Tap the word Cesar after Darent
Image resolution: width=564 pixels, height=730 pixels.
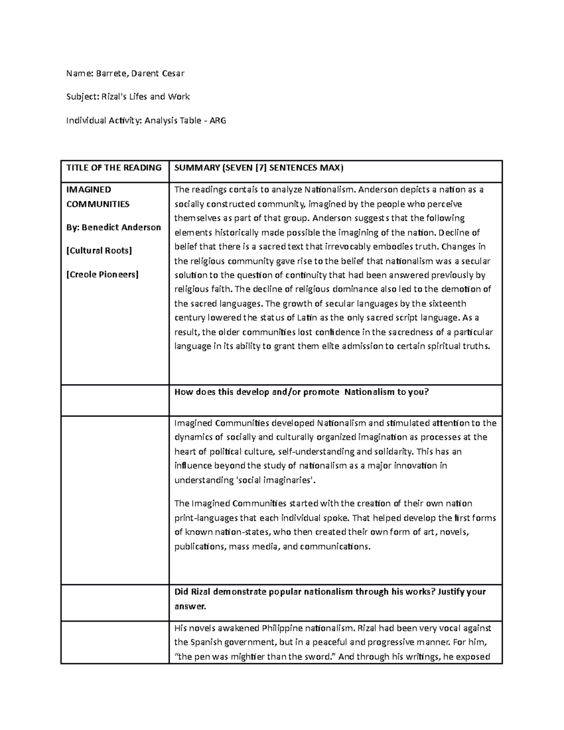tap(172, 73)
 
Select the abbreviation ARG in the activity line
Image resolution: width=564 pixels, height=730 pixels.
tap(218, 120)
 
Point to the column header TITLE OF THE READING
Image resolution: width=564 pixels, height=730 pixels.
tap(114, 168)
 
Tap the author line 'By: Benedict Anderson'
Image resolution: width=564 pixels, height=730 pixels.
tap(114, 228)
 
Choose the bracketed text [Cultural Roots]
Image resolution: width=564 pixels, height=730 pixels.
tap(99, 251)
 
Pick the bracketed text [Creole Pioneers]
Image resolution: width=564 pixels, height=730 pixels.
tap(102, 275)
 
